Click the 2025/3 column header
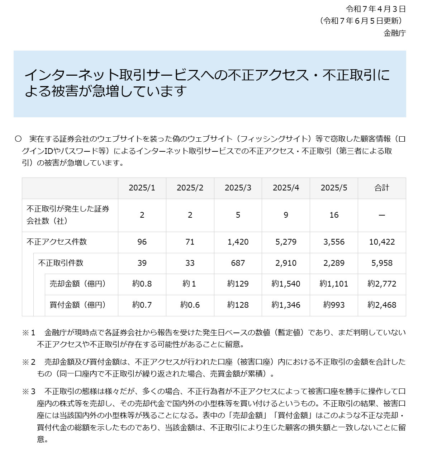point(238,188)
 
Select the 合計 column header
point(382,188)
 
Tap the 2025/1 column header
point(142,188)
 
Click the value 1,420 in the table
point(238,242)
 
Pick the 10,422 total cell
point(382,242)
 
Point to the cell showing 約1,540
point(286,284)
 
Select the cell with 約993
point(334,305)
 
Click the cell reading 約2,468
point(382,305)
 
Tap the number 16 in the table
point(334,215)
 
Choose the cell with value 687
point(238,263)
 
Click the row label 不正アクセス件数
point(57,242)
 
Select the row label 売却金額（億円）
point(78,284)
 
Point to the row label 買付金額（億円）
point(78,305)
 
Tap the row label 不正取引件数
point(61,263)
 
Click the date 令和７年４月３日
point(376,9)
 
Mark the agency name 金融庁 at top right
point(395,33)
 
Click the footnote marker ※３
point(29,391)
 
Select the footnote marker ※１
point(29,332)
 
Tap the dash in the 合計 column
point(382,215)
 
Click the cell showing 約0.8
point(142,284)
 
